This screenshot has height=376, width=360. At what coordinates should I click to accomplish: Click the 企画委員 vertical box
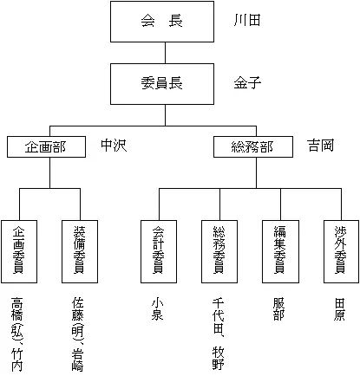(x=18, y=250)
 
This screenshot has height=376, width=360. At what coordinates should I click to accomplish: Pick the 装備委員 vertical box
(x=80, y=250)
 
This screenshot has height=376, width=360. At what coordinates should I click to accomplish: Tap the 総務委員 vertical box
(x=219, y=250)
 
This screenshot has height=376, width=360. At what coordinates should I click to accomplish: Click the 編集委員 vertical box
(x=279, y=250)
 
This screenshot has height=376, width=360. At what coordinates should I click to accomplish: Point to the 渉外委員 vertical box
(x=340, y=250)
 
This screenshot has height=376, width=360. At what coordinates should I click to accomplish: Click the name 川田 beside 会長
(x=247, y=21)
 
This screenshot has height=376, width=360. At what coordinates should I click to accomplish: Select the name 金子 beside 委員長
(x=247, y=84)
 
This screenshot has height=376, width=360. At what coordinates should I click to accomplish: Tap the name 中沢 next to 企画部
(x=114, y=145)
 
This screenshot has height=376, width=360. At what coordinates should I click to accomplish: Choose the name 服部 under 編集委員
(x=279, y=311)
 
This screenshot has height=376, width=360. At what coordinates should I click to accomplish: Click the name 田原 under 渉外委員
(x=340, y=311)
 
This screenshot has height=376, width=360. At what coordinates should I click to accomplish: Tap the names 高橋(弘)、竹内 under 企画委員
(x=18, y=334)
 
